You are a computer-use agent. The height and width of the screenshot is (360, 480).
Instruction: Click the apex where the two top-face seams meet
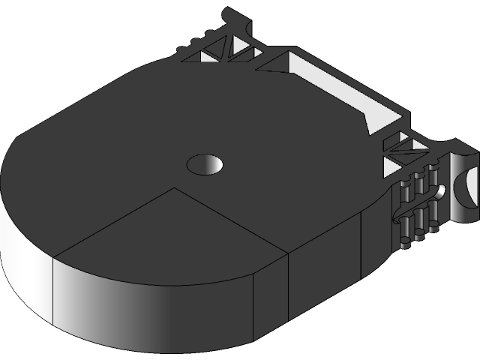coord(175,188)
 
